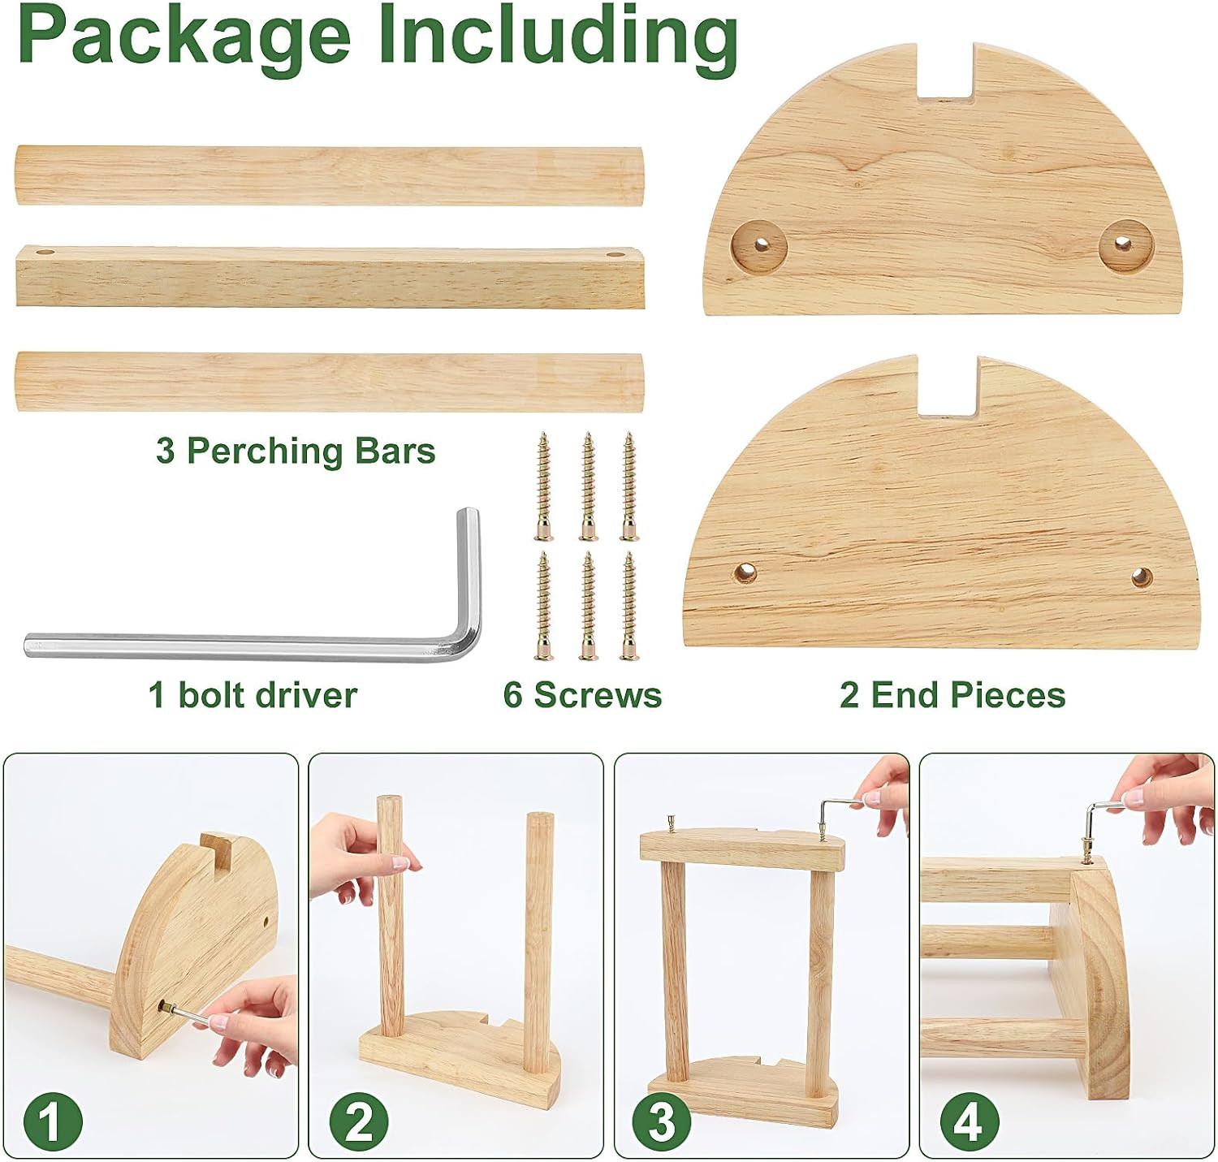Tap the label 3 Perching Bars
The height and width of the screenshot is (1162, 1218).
click(x=296, y=451)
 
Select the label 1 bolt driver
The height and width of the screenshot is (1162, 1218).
click(x=253, y=695)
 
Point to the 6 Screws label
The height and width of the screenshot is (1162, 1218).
click(x=582, y=695)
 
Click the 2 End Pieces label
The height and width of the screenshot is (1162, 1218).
click(x=952, y=695)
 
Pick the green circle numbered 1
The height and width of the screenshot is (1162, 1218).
click(x=53, y=1121)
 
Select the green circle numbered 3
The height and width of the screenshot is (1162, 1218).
click(x=663, y=1121)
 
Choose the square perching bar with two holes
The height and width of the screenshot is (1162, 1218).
click(x=330, y=277)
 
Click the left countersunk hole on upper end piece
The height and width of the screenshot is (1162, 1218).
click(x=760, y=244)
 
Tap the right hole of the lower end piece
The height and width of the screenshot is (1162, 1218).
click(x=1142, y=577)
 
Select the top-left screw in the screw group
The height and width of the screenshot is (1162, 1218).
click(x=544, y=486)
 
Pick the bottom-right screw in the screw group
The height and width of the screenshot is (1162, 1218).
click(x=629, y=605)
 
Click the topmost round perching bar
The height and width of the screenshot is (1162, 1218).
click(x=330, y=175)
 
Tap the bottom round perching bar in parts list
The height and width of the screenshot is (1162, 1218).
click(x=330, y=382)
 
